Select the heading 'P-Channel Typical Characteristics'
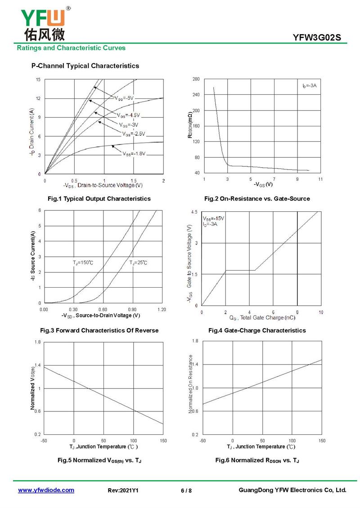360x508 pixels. (x=85, y=66)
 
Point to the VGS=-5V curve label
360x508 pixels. (x=124, y=98)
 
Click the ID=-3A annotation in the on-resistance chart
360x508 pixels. (x=310, y=85)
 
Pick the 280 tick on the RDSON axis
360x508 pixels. (x=196, y=79)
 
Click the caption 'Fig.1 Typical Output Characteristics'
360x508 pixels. (x=99, y=198)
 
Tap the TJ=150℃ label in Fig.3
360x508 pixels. (x=83, y=262)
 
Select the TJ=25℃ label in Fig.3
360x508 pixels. (x=138, y=262)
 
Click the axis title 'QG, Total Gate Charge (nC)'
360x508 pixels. (x=262, y=318)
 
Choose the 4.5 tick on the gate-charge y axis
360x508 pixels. (x=194, y=212)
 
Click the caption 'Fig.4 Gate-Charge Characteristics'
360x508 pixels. (x=257, y=330)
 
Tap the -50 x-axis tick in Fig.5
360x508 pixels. (x=44, y=441)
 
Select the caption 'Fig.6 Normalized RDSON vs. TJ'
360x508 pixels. (x=257, y=460)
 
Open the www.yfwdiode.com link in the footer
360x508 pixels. (x=46, y=490)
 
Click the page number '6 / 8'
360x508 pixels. (x=186, y=490)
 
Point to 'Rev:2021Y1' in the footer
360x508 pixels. (x=123, y=490)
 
